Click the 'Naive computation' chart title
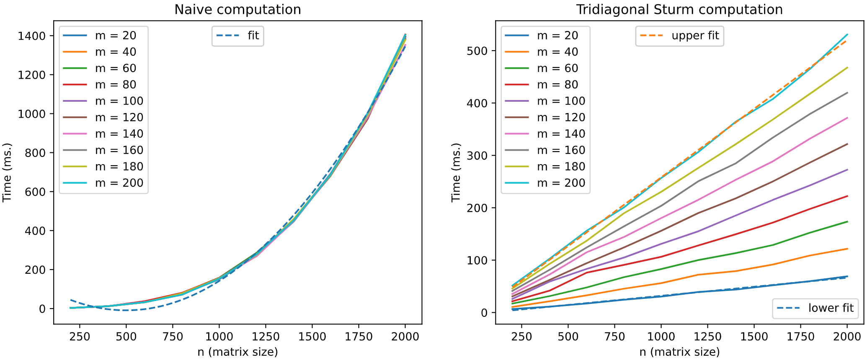click(x=237, y=10)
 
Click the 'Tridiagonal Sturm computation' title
click(x=679, y=10)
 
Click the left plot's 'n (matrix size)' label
click(x=237, y=352)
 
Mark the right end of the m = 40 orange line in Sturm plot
click(x=847, y=249)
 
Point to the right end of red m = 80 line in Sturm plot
click(x=847, y=196)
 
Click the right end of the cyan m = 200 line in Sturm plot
click(x=847, y=35)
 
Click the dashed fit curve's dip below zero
click(x=126, y=310)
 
